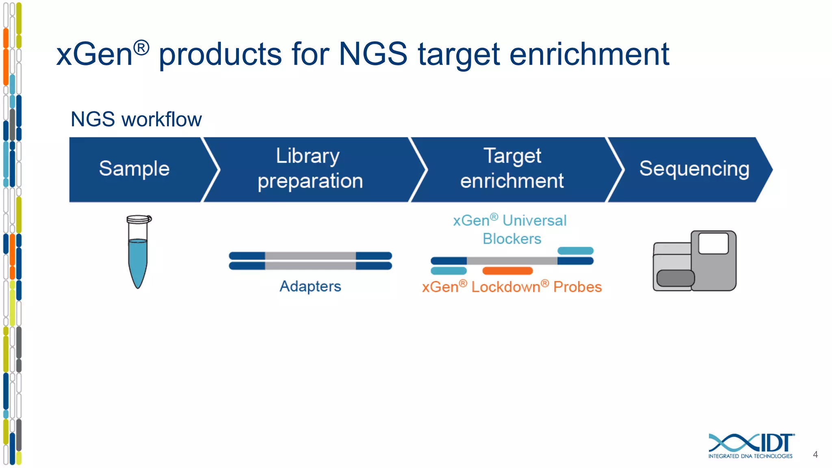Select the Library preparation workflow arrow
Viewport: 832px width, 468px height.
coord(310,169)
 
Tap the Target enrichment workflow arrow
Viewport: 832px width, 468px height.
coord(512,169)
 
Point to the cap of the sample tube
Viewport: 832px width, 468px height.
coord(139,219)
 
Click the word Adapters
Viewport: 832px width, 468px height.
coord(310,286)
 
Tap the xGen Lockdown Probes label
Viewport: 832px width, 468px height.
coord(512,287)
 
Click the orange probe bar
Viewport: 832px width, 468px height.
coord(507,271)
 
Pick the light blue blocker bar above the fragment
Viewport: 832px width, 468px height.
coord(575,251)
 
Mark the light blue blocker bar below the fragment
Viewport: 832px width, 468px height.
coord(448,271)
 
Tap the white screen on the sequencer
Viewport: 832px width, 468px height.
coord(713,243)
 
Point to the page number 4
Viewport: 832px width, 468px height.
coord(815,455)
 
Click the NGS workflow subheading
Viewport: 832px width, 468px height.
coord(136,119)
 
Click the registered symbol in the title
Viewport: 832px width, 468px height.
coord(141,48)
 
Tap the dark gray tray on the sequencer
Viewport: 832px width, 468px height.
coord(675,278)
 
